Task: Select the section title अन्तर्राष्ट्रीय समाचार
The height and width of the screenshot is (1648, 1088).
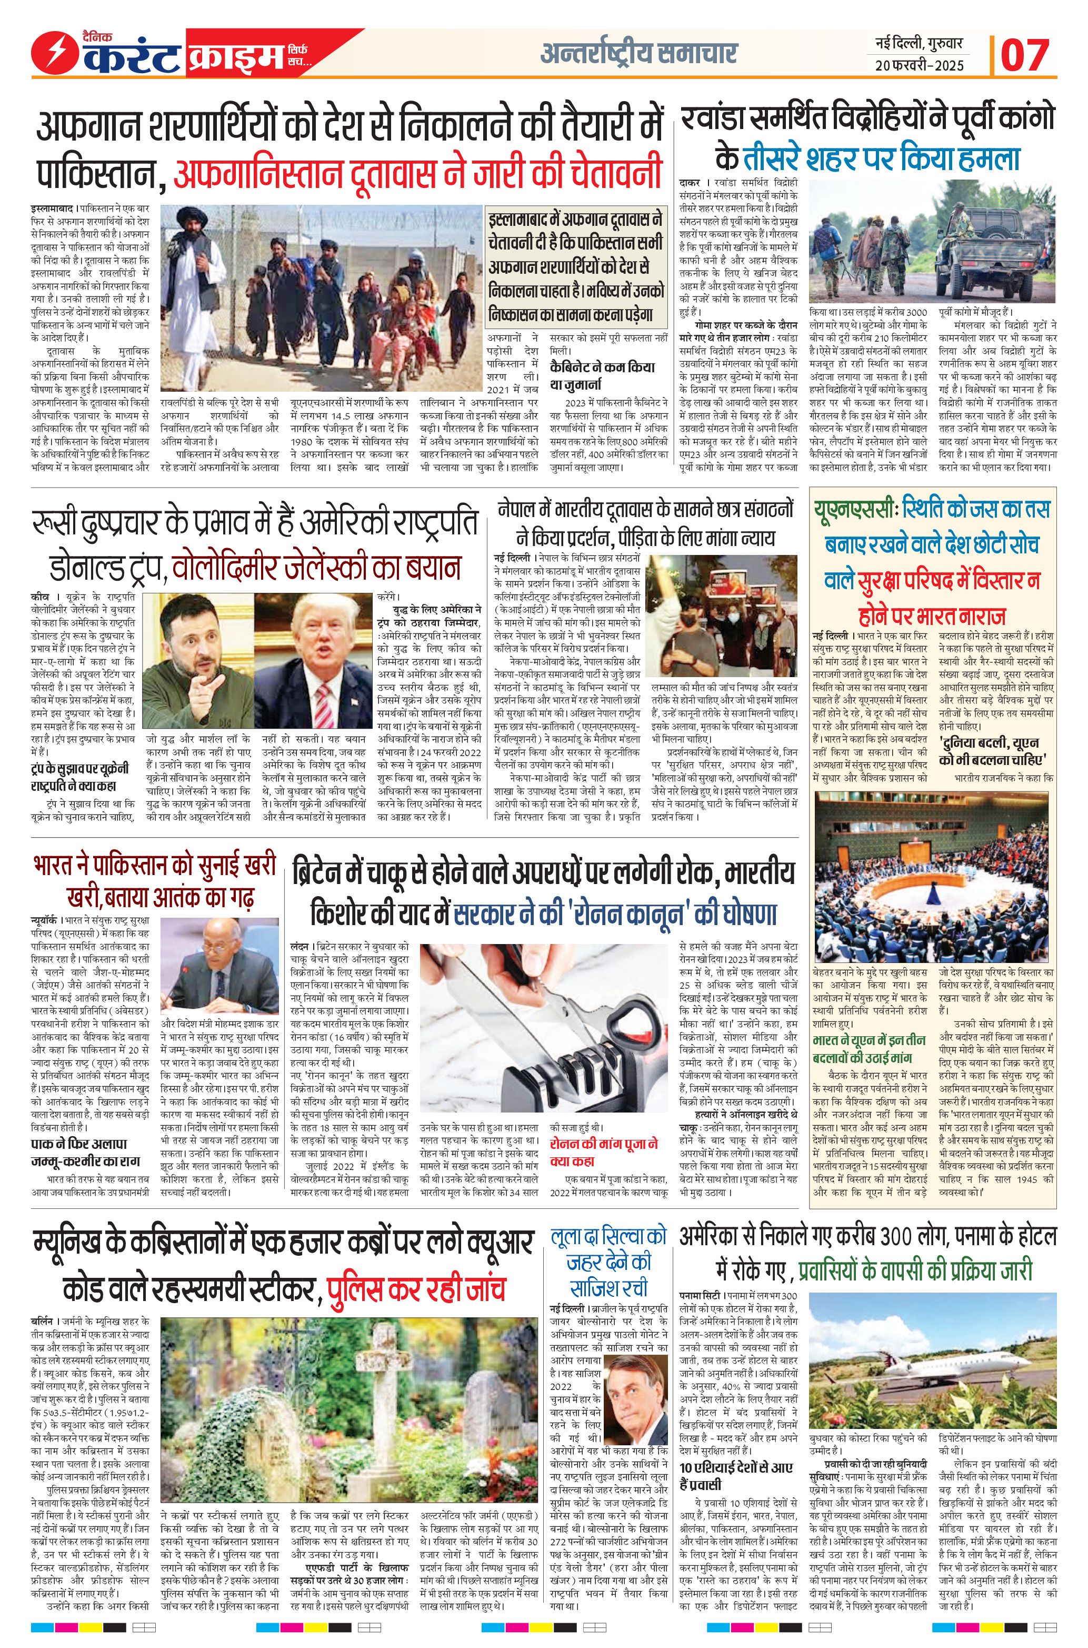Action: coord(638,53)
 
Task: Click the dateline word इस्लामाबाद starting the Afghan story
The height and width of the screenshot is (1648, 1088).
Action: coord(53,208)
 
